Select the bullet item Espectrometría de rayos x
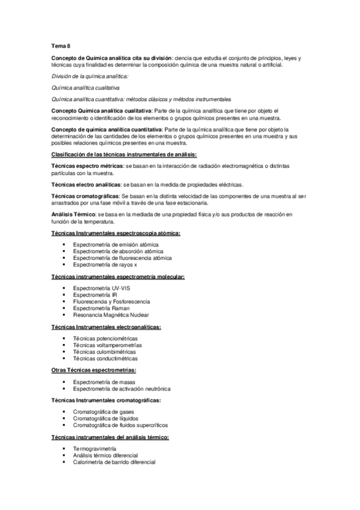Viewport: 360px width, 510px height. (105, 265)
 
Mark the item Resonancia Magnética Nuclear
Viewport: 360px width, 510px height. (111, 315)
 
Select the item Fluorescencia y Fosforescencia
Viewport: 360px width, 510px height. (111, 302)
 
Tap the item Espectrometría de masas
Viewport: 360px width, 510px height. (104, 382)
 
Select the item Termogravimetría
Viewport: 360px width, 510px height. (94, 449)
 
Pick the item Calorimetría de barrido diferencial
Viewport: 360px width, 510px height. (114, 462)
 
